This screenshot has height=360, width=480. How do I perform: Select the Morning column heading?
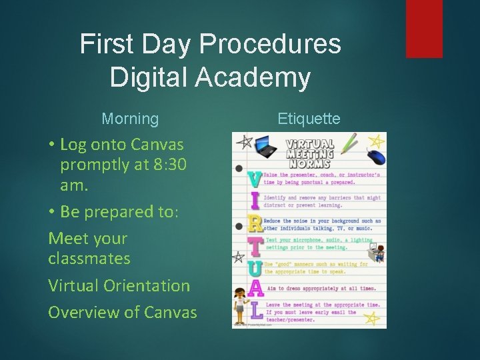coord(130,119)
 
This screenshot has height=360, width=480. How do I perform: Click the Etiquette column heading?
coord(309,119)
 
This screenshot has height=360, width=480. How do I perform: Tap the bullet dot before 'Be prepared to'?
coord(51,211)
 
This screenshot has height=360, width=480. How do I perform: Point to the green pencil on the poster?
coord(349,143)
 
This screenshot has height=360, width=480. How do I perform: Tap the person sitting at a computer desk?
coord(377,252)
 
